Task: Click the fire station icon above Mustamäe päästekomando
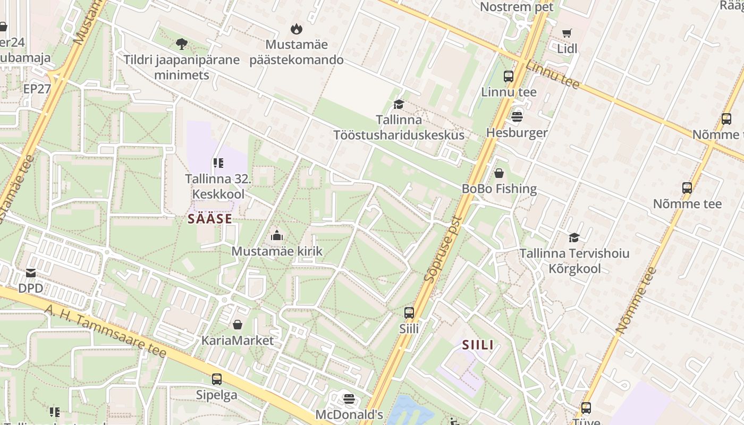[296, 29]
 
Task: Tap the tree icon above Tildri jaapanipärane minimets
[181, 44]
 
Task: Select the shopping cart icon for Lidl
[567, 33]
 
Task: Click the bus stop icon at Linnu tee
[509, 76]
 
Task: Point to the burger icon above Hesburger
[517, 116]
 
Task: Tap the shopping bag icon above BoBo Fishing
[499, 173]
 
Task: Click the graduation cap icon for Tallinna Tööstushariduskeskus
[399, 104]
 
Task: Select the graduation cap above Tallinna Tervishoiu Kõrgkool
[574, 237]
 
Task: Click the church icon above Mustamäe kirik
[276, 235]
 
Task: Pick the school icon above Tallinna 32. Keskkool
[218, 163]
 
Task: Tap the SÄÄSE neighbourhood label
[210, 219]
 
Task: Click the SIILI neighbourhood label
[478, 345]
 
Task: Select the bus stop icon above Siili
[409, 313]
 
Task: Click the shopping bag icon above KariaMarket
[237, 324]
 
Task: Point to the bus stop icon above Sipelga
[216, 379]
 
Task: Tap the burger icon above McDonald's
[349, 398]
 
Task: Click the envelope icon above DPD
[30, 273]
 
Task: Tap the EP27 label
[37, 89]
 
